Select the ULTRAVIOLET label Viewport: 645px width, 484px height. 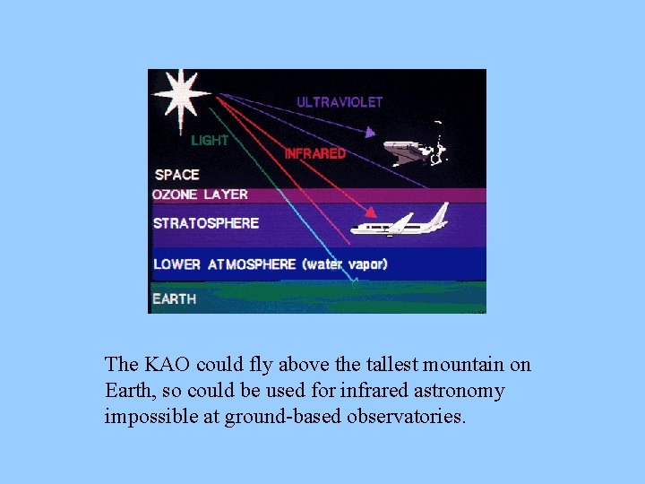tap(340, 102)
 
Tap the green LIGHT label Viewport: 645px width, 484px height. tap(210, 141)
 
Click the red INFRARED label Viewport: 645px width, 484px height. tap(314, 153)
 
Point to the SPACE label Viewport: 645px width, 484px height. tap(177, 175)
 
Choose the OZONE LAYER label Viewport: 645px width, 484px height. tap(201, 194)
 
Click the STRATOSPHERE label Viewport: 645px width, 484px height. tap(206, 223)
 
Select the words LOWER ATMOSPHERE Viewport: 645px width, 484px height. tap(225, 264)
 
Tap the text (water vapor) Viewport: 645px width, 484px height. tap(345, 264)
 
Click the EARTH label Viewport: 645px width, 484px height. tap(175, 298)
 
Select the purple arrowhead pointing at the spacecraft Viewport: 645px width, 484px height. tap(369, 133)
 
